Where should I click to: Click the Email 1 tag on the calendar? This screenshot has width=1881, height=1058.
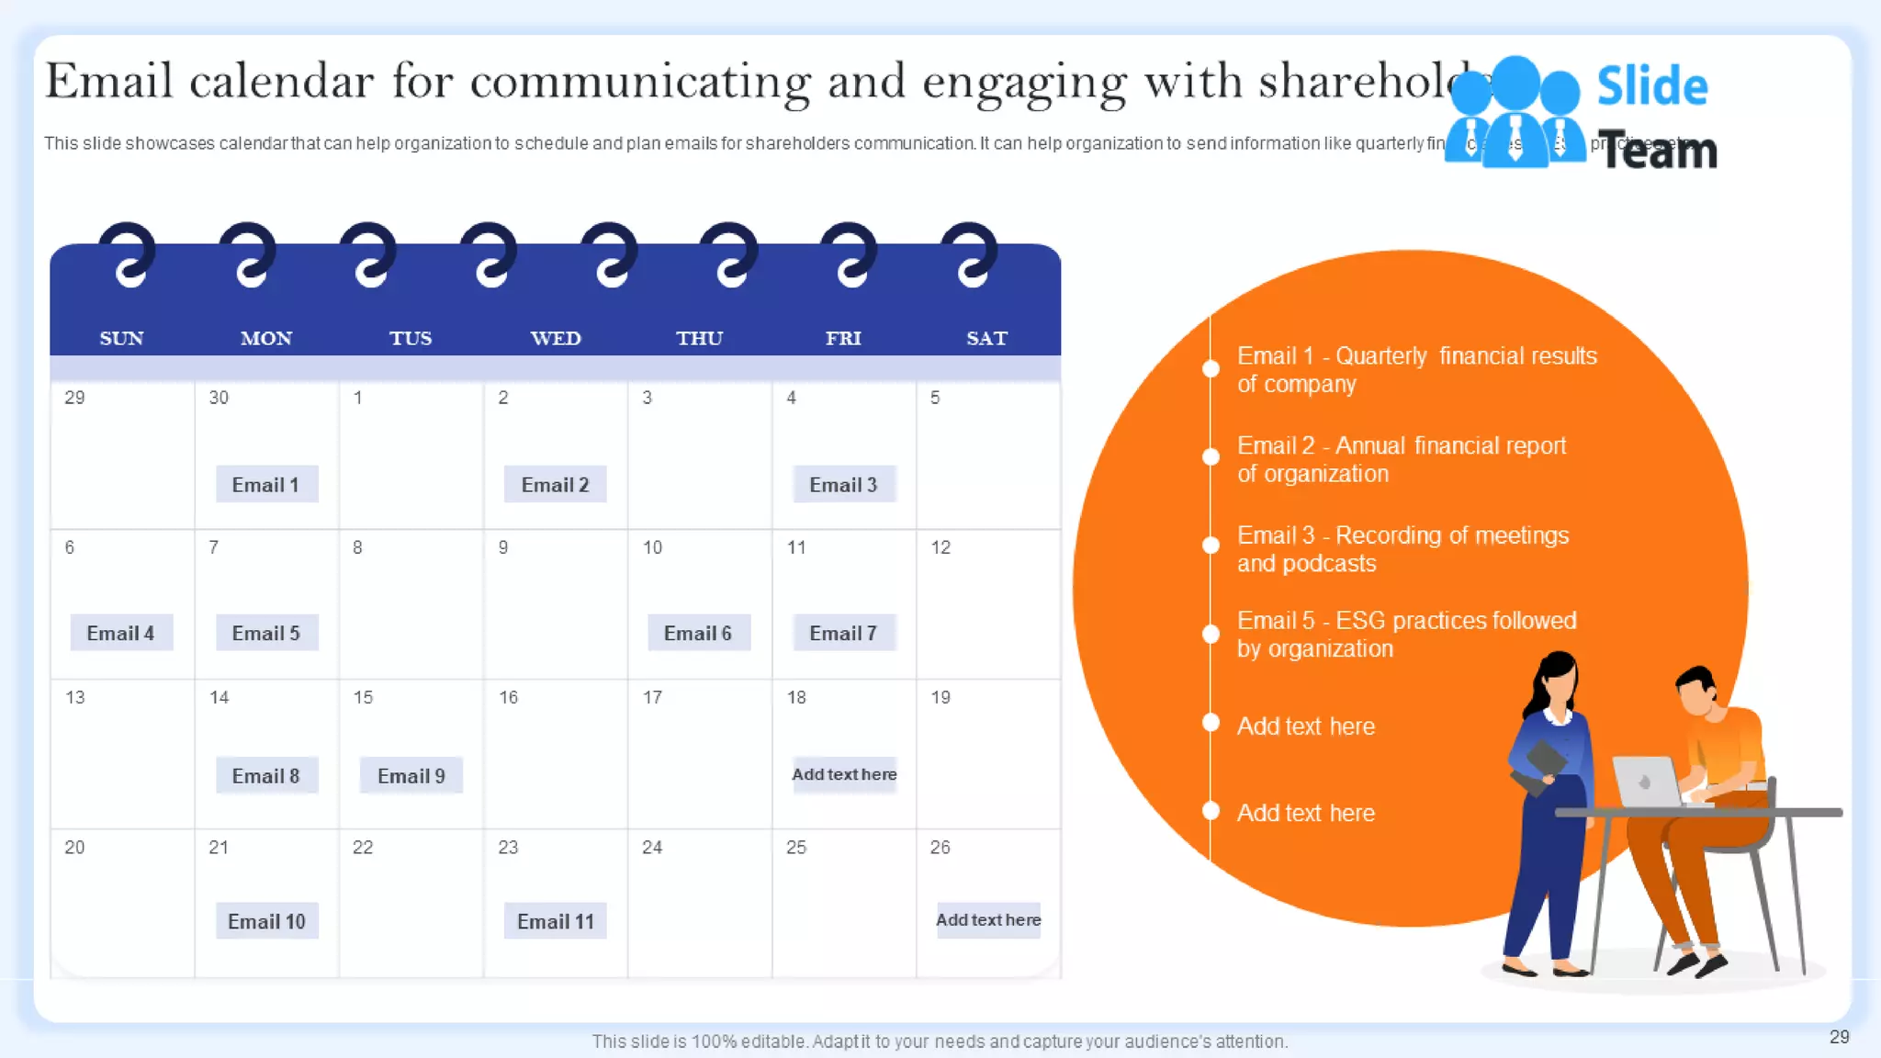click(x=266, y=484)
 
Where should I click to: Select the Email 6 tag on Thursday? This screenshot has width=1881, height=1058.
click(x=698, y=633)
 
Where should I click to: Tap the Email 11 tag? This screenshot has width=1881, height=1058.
click(x=555, y=921)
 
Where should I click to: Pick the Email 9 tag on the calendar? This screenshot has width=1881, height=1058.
click(x=411, y=776)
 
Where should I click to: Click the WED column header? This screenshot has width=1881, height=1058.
click(x=556, y=338)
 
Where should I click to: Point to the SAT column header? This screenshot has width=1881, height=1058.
click(x=986, y=338)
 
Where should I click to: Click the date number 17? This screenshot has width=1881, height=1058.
click(x=652, y=697)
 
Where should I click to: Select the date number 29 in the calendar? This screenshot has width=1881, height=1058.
click(x=74, y=398)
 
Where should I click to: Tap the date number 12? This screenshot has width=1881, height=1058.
click(x=940, y=547)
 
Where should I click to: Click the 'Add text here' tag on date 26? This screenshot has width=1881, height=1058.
click(x=988, y=919)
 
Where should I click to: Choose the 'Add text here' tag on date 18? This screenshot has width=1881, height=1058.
click(x=844, y=774)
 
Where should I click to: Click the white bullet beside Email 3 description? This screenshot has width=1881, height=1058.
click(x=1211, y=545)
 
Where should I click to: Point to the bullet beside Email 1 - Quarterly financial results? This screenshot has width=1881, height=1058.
click(x=1211, y=369)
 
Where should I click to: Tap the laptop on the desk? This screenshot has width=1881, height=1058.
click(x=1647, y=782)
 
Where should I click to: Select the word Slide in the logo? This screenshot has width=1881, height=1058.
click(x=1651, y=86)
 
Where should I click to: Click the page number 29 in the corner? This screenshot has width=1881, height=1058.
click(x=1839, y=1037)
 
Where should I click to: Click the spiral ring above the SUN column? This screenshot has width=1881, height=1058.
click(x=128, y=254)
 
